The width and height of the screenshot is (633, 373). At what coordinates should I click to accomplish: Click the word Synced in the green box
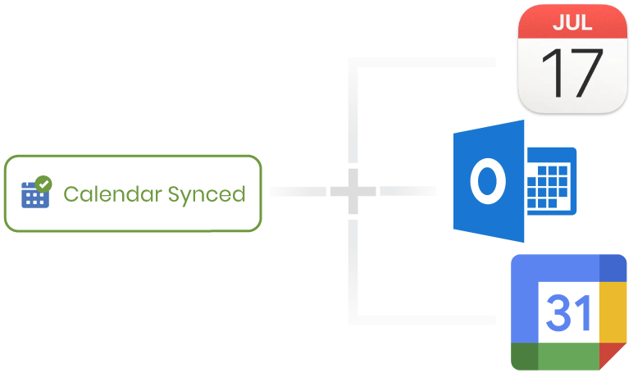pos(206,194)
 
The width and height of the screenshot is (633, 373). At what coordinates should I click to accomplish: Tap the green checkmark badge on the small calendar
pos(44,184)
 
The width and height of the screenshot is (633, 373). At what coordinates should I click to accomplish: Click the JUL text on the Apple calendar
pos(572,22)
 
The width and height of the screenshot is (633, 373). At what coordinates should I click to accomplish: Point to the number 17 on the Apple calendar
pos(572,75)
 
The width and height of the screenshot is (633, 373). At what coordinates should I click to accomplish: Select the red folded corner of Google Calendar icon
pos(613,357)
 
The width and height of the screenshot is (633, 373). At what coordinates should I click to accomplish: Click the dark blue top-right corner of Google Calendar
pos(613,268)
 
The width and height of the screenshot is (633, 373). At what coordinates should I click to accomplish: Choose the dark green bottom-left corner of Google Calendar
pos(524,357)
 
